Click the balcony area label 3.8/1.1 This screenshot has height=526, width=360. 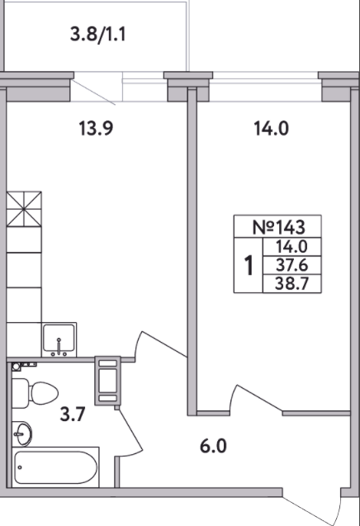click(98, 34)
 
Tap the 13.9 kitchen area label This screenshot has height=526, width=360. click(96, 128)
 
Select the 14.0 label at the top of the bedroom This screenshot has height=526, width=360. click(271, 129)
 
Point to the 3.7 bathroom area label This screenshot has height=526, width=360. click(73, 414)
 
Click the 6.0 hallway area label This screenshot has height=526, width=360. click(213, 446)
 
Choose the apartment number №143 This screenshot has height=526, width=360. click(279, 227)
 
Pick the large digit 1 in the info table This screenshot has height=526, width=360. click(249, 265)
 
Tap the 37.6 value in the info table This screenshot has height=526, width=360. click(292, 265)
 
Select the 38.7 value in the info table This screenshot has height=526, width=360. click(292, 284)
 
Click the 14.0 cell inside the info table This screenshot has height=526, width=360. click(292, 247)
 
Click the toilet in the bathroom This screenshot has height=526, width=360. click(35, 392)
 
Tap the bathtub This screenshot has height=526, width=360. click(55, 467)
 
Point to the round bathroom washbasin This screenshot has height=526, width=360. click(22, 434)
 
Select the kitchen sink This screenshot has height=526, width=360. click(59, 340)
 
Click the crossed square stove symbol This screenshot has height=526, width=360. click(24, 209)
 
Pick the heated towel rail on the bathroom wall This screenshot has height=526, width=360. click(107, 381)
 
